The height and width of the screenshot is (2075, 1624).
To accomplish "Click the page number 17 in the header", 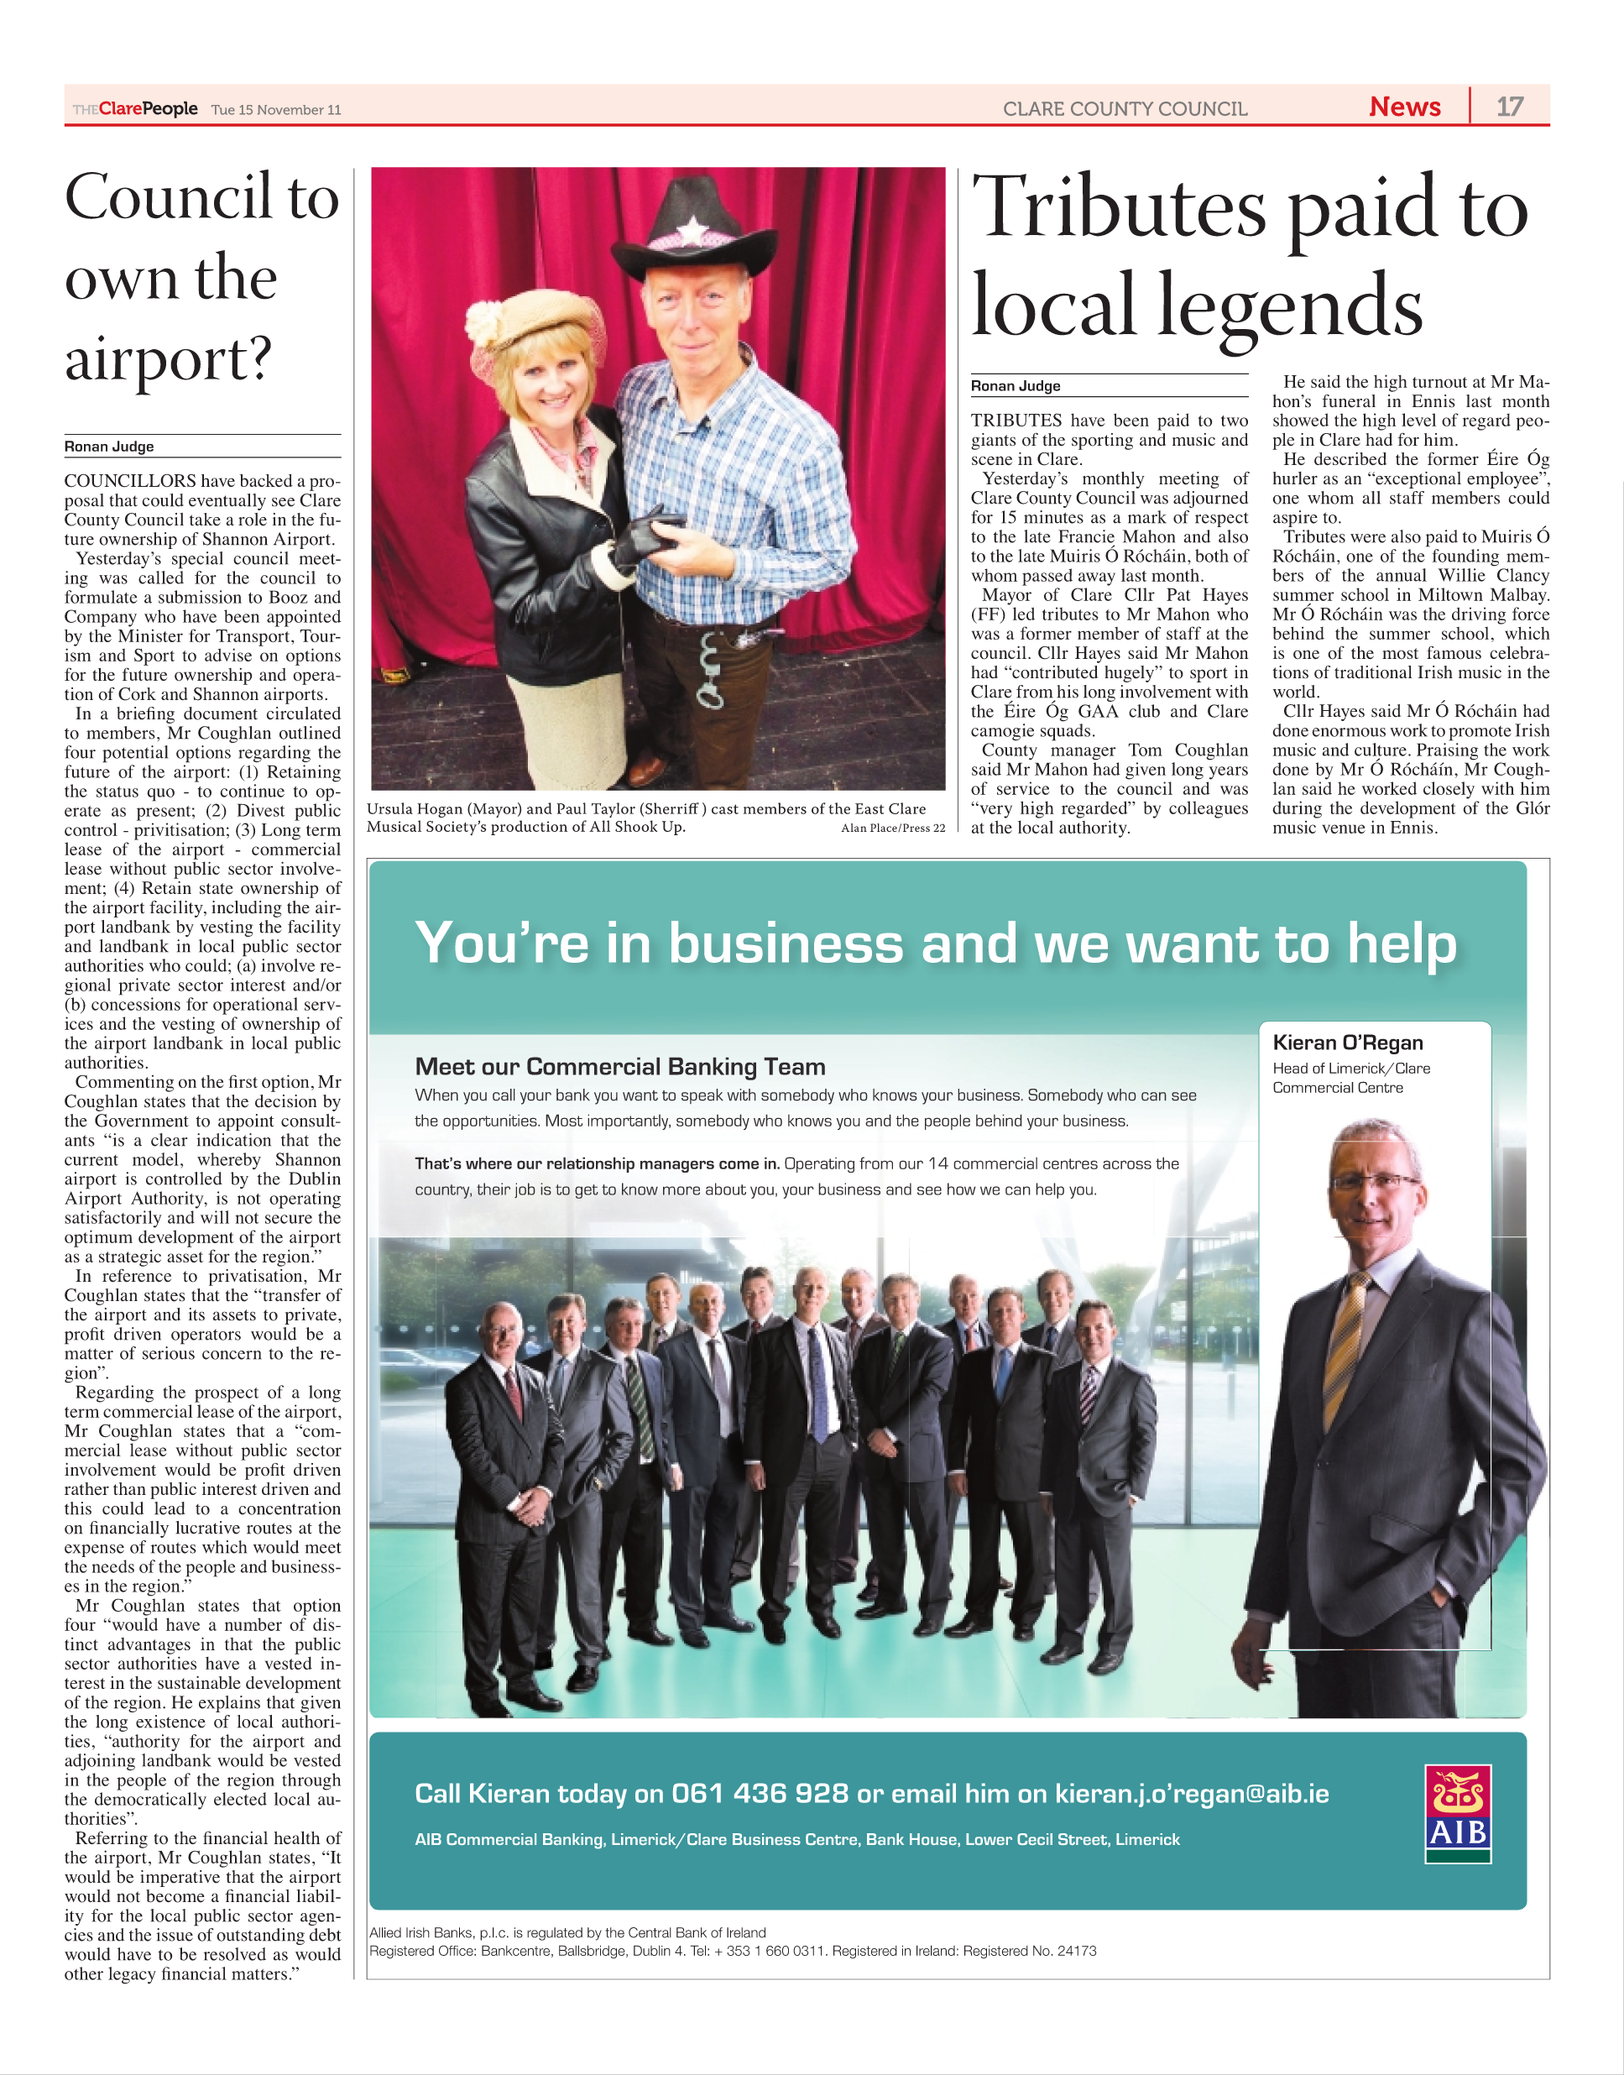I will tap(1509, 107).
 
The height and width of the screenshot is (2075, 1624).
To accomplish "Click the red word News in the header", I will tap(1404, 107).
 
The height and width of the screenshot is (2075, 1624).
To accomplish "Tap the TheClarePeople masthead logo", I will tap(135, 108).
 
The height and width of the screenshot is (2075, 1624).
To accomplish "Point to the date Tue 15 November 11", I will tap(276, 109).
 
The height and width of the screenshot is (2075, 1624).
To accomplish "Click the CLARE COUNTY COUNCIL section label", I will tap(1125, 108).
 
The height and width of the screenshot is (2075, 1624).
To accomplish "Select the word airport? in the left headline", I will tap(169, 359).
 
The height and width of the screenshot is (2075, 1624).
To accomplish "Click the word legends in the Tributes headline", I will tap(1290, 306).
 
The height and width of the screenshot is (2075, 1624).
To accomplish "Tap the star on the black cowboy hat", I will tap(692, 229).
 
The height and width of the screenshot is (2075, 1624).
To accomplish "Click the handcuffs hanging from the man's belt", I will tap(709, 672).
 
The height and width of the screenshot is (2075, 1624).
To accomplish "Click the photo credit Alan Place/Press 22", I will tap(893, 828).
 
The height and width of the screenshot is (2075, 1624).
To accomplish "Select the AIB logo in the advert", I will tap(1457, 1813).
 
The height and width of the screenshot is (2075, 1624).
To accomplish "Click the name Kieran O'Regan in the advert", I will tap(1347, 1043).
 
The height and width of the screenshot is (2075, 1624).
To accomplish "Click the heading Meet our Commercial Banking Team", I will tap(620, 1066).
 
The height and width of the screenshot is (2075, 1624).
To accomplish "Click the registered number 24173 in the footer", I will tap(1075, 1952).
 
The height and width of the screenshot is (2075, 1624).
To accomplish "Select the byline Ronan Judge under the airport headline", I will tap(109, 446).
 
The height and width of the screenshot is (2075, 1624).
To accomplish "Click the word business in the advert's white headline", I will tap(786, 943).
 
